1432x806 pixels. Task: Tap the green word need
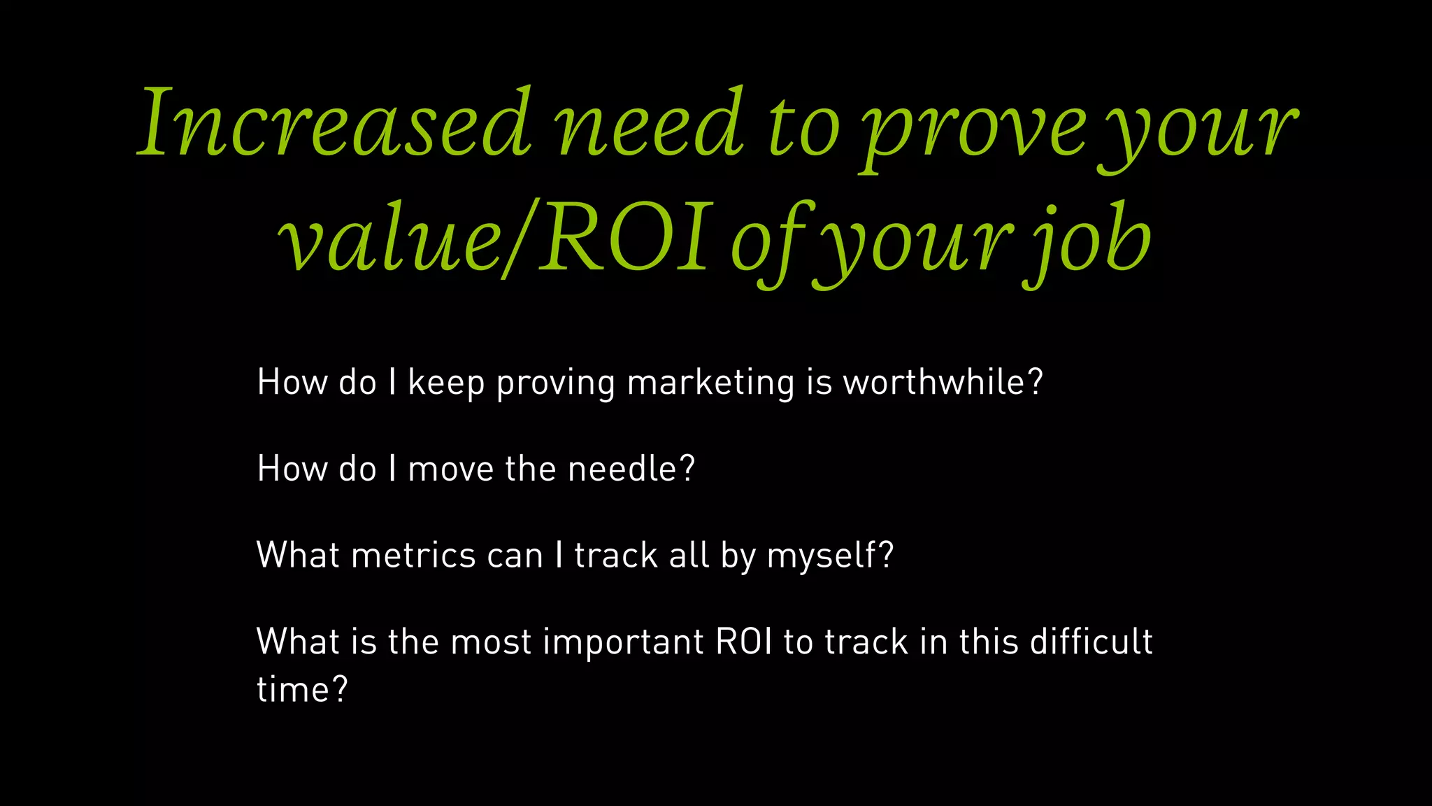(x=650, y=124)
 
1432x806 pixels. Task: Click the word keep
(x=446, y=383)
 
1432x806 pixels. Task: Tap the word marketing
(x=710, y=383)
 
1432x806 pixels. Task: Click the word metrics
(x=414, y=556)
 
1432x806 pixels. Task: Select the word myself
(x=822, y=557)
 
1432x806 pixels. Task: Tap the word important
(x=623, y=642)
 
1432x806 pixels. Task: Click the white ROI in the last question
(x=744, y=642)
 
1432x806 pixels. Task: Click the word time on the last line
(x=292, y=690)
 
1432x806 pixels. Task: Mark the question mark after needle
(x=687, y=469)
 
